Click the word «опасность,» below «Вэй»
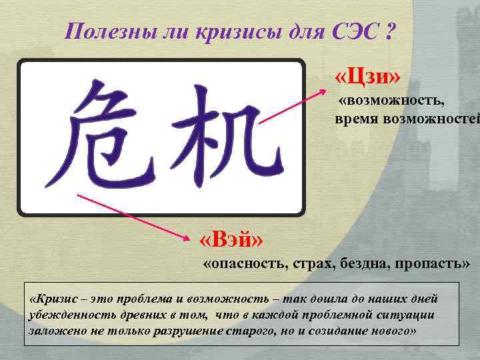click(x=244, y=263)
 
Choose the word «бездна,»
click(x=367, y=263)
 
